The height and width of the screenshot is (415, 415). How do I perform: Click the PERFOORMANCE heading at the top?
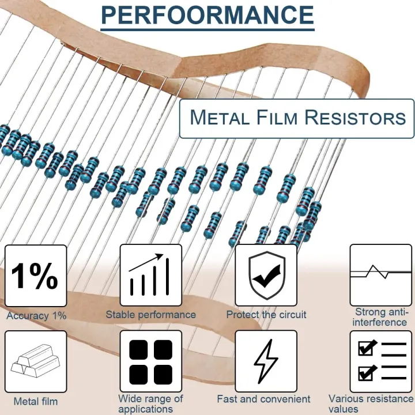pyautogui.click(x=207, y=16)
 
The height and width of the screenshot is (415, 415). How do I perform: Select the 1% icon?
pyautogui.click(x=35, y=276)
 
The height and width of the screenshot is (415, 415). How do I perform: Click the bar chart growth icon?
pyautogui.click(x=150, y=276)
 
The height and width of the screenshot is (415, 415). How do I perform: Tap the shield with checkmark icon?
pyautogui.click(x=266, y=276)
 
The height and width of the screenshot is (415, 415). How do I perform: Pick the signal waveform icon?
pyautogui.click(x=380, y=274)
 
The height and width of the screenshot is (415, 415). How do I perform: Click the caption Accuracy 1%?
pyautogui.click(x=36, y=316)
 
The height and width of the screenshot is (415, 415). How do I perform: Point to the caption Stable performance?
pyautogui.click(x=150, y=315)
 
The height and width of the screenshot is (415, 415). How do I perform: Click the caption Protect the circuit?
pyautogui.click(x=266, y=315)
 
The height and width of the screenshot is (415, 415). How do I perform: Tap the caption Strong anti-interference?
pyautogui.click(x=380, y=317)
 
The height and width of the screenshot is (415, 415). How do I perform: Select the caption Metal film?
pyautogui.click(x=36, y=401)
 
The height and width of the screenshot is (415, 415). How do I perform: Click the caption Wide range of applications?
pyautogui.click(x=150, y=403)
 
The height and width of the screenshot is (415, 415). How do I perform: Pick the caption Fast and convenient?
pyautogui.click(x=263, y=399)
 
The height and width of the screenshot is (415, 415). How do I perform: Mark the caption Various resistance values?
pyautogui.click(x=372, y=403)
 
